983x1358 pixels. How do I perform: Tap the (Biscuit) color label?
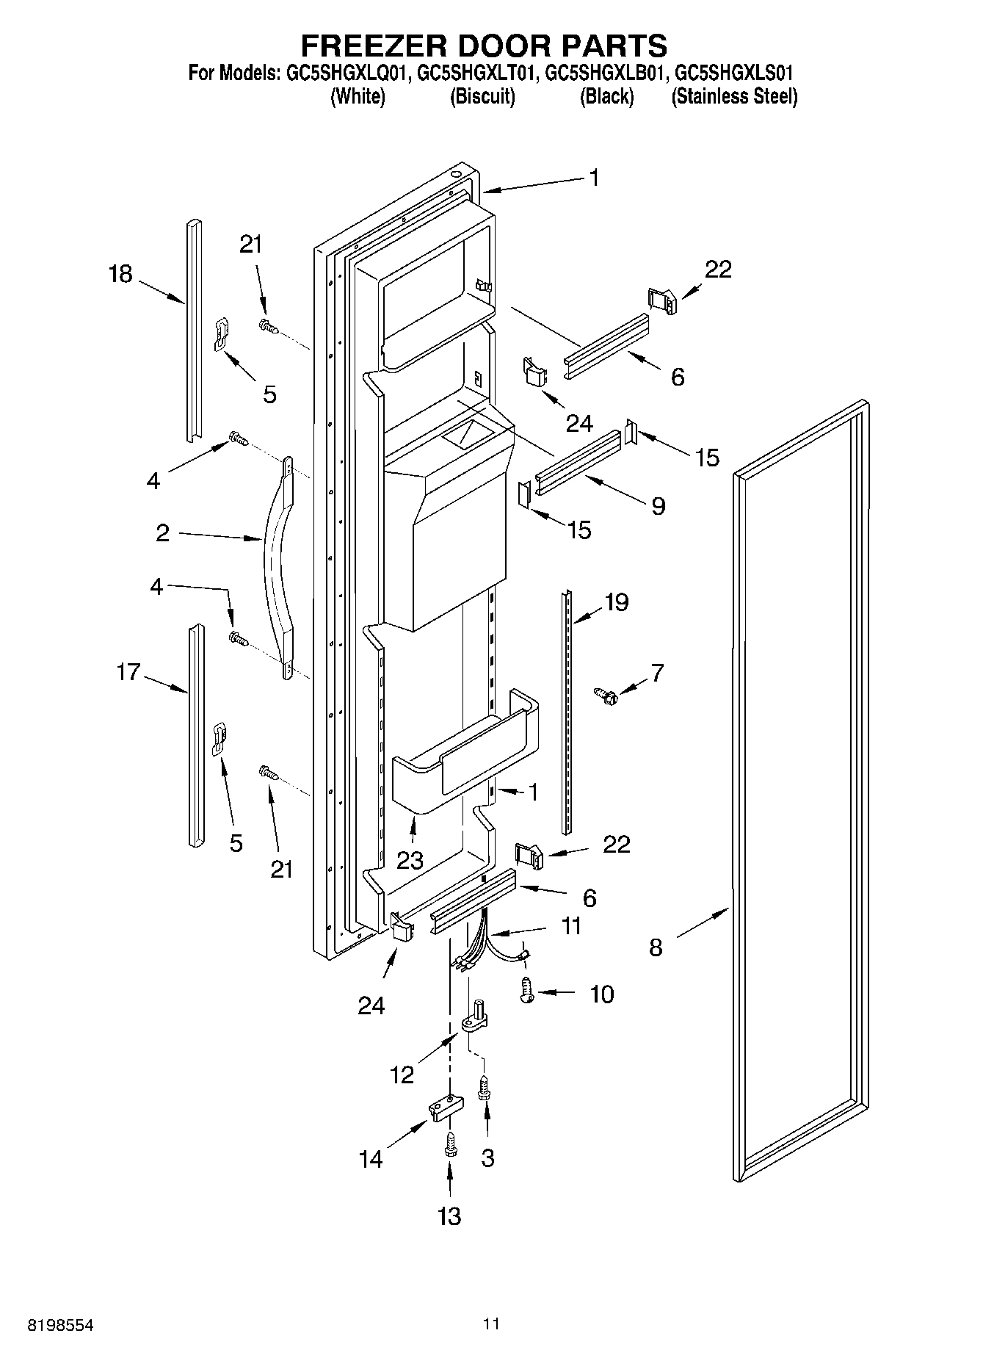[x=482, y=96]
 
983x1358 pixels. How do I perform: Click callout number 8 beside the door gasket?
[x=656, y=947]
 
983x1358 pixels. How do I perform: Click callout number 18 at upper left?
[x=120, y=275]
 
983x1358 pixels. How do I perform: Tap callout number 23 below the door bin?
[x=410, y=859]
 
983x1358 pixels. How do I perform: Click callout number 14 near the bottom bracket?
[x=371, y=1159]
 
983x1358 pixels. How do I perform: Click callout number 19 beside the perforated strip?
[x=616, y=602]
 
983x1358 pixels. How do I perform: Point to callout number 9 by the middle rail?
[x=658, y=505]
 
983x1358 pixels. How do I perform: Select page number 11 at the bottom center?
[x=491, y=1324]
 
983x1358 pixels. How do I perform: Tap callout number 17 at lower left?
[x=128, y=671]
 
